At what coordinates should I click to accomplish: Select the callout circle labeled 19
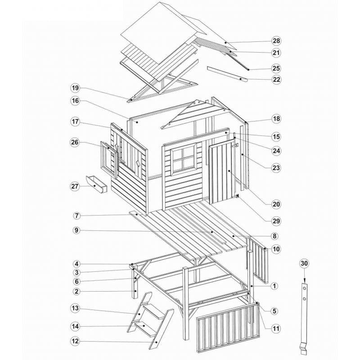pos(75,87)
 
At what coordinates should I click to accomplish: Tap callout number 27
pos(75,186)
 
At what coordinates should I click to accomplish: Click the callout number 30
pos(304,264)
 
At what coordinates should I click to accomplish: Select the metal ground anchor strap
pos(305,315)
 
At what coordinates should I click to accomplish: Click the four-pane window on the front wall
pos(183,160)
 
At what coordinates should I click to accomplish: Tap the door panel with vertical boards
pos(220,173)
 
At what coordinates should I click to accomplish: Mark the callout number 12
pos(75,342)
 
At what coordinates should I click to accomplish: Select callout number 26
pos(75,143)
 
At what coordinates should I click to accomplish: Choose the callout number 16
pos(75,101)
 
